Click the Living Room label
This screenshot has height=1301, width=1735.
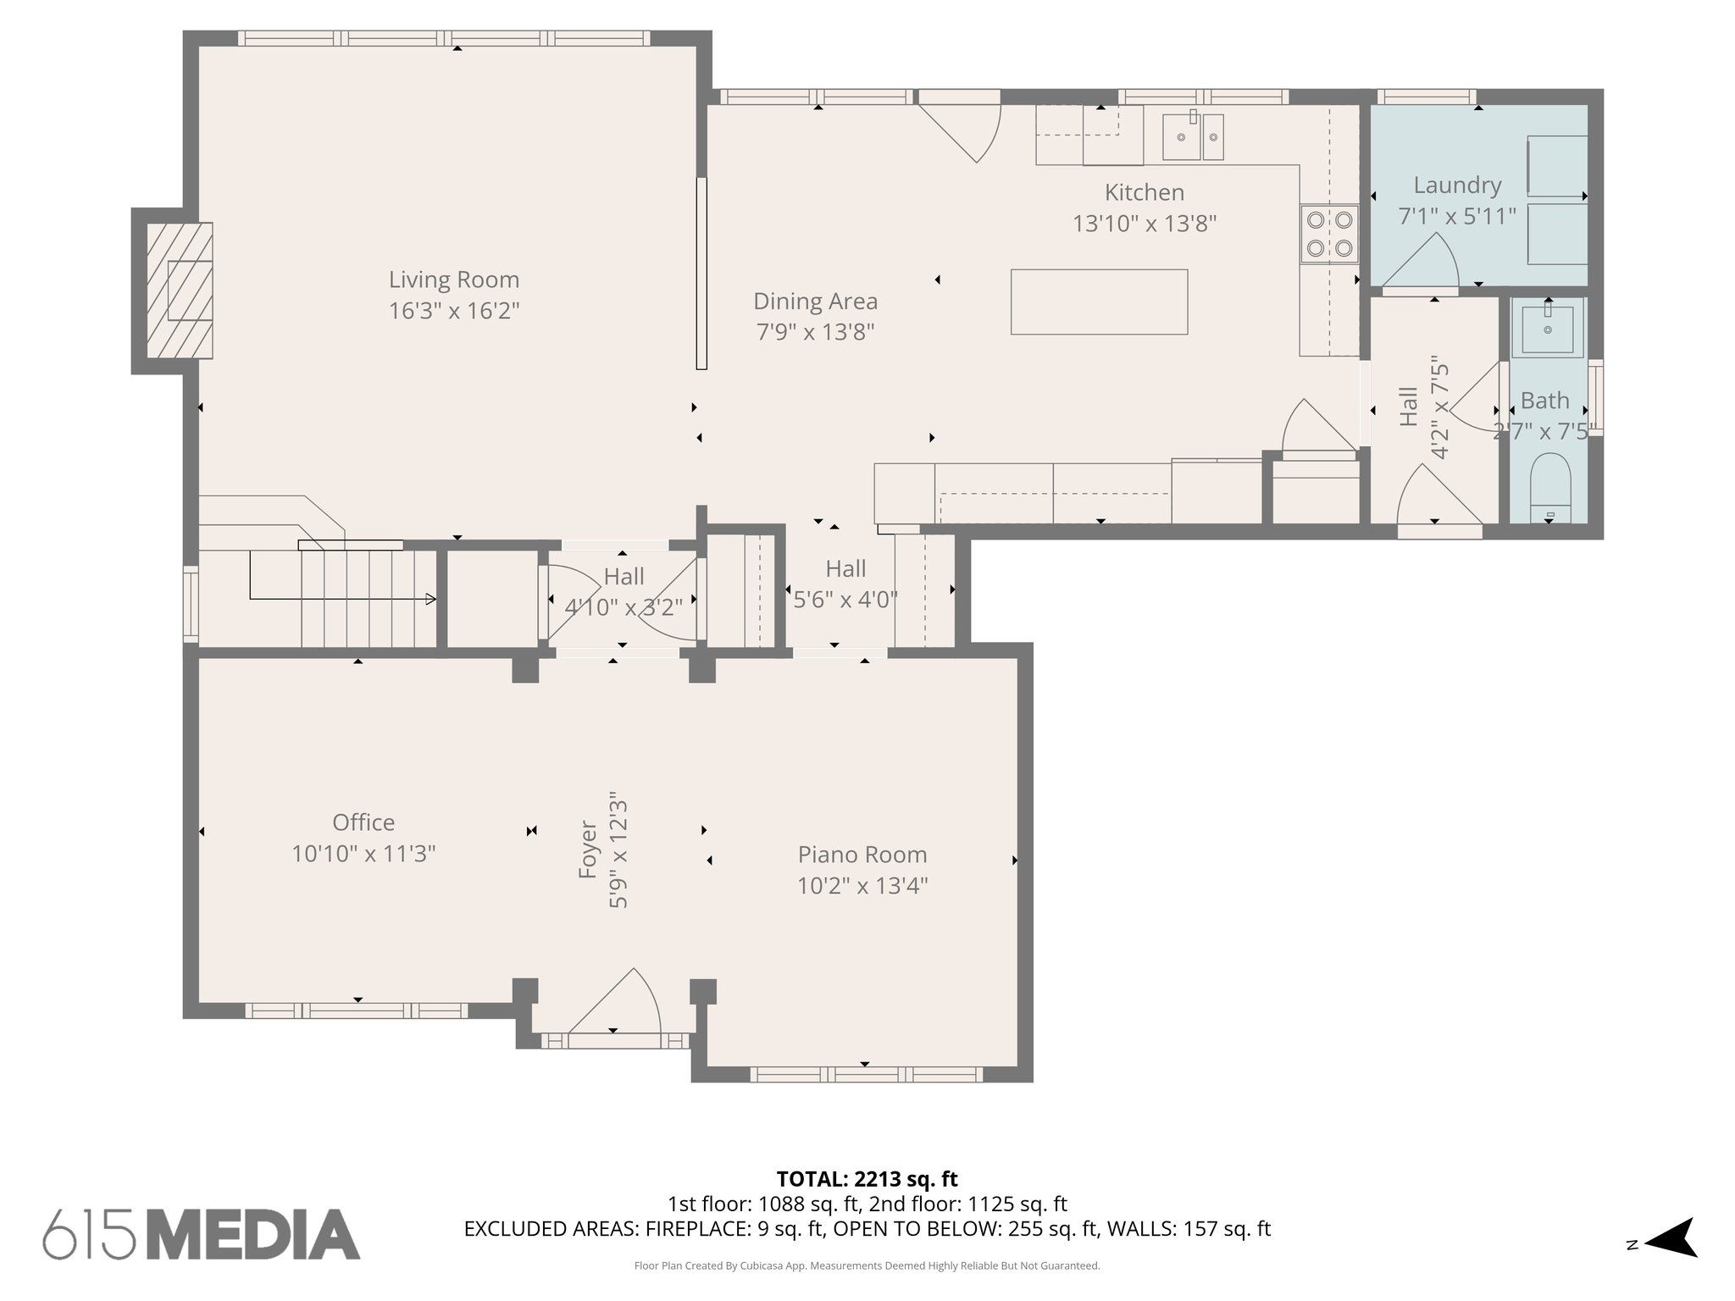[454, 280]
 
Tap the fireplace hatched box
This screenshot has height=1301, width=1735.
[180, 290]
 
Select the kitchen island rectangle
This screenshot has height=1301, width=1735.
[1099, 302]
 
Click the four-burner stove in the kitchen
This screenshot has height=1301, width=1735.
[1329, 234]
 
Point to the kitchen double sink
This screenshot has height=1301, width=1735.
[1193, 136]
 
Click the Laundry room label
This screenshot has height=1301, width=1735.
[1457, 185]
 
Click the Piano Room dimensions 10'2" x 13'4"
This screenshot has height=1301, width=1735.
[862, 886]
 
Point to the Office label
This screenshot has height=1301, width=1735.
[363, 822]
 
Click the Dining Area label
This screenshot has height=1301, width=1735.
[815, 301]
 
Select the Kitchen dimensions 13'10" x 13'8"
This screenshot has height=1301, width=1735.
[1145, 224]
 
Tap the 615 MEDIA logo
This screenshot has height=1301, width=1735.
[202, 1235]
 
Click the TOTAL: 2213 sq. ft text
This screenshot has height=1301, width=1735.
[867, 1179]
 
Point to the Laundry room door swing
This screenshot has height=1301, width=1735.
[1420, 263]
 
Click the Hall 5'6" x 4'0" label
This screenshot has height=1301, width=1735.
[845, 568]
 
